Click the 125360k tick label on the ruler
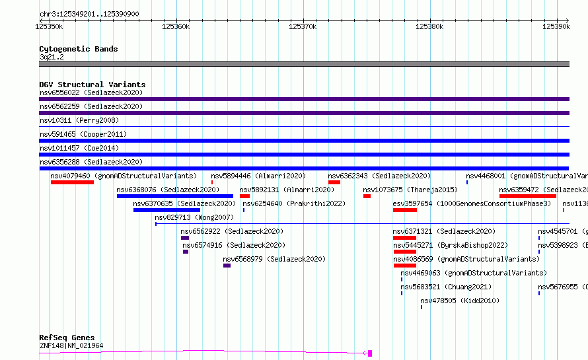click(x=176, y=26)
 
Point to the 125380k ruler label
click(x=429, y=26)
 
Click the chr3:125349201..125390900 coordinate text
click(x=89, y=15)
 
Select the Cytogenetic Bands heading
click(x=79, y=49)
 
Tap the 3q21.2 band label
click(x=52, y=57)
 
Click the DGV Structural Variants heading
click(x=92, y=85)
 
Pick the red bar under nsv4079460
click(x=73, y=182)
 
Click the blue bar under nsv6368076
click(x=175, y=196)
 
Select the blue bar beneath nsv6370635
click(x=167, y=210)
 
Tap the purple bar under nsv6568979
click(x=227, y=266)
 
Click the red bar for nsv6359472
click(x=528, y=196)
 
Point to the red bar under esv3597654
click(x=405, y=210)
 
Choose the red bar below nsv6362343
click(x=334, y=182)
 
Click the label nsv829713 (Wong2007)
click(x=194, y=217)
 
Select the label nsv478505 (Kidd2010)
click(x=460, y=301)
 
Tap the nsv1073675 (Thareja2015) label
click(x=410, y=190)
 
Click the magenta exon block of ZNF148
click(x=370, y=353)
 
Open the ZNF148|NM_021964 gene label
click(x=71, y=345)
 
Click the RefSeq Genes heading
click(x=67, y=338)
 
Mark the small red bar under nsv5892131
click(x=245, y=196)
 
